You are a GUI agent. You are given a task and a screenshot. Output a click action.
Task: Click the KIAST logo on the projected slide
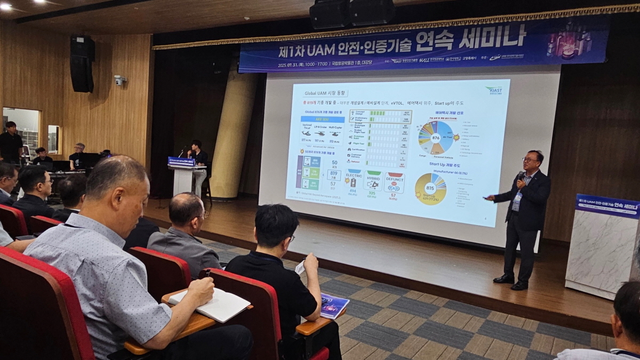[493, 90]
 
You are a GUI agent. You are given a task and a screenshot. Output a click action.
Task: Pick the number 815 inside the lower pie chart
[430, 188]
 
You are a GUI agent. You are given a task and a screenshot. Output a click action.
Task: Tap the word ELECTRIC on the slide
[353, 174]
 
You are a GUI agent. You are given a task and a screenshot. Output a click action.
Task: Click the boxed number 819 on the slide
[334, 174]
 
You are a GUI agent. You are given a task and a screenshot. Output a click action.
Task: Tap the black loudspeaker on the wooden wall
[82, 63]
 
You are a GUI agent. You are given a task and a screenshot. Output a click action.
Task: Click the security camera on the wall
[119, 80]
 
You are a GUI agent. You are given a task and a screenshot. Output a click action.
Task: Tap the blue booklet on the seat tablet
[333, 306]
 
